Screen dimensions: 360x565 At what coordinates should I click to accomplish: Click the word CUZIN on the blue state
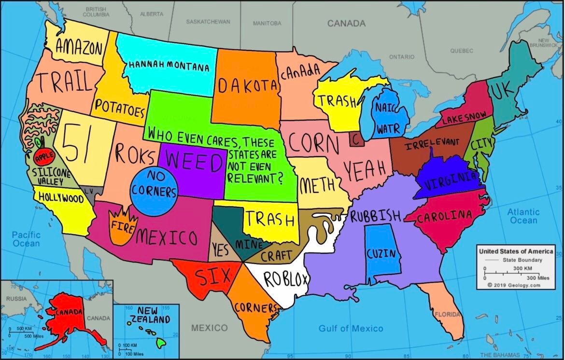(381, 253)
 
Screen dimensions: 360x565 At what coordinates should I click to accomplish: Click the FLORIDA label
(447, 314)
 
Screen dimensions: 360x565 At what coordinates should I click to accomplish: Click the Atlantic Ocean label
(523, 216)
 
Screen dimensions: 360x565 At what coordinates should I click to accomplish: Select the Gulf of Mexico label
(351, 329)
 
